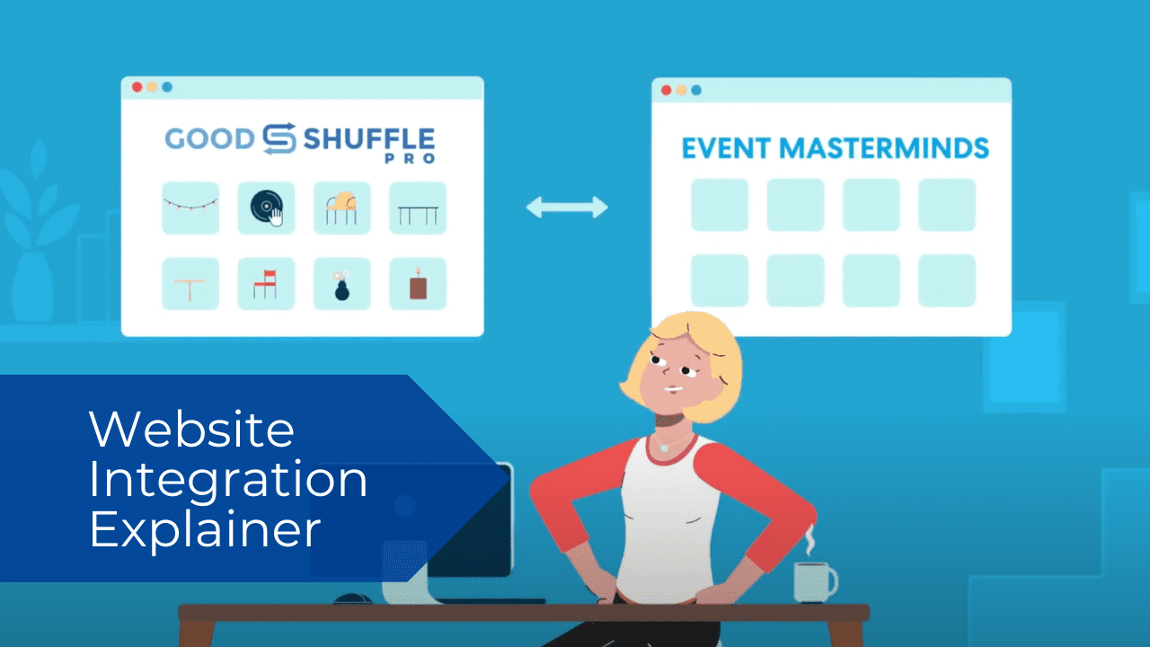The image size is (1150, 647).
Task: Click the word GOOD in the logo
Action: pyautogui.click(x=209, y=138)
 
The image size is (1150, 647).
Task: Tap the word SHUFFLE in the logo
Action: pyautogui.click(x=368, y=138)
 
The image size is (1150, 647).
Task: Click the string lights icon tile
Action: pyautogui.click(x=190, y=208)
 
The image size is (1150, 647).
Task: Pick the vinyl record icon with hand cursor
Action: pyautogui.click(x=266, y=208)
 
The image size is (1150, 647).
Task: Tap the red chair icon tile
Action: pyautogui.click(x=266, y=284)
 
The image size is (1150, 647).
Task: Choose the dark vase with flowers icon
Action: pyautogui.click(x=341, y=284)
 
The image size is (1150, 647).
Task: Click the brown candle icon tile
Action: pyautogui.click(x=417, y=284)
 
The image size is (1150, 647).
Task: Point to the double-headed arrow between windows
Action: pyautogui.click(x=567, y=208)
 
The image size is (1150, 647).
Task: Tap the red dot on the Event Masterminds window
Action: pyautogui.click(x=666, y=90)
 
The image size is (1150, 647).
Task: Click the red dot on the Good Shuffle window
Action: pyautogui.click(x=137, y=87)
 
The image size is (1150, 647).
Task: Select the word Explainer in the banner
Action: pyautogui.click(x=205, y=529)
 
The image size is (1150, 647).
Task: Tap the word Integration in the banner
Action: pyautogui.click(x=228, y=481)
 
